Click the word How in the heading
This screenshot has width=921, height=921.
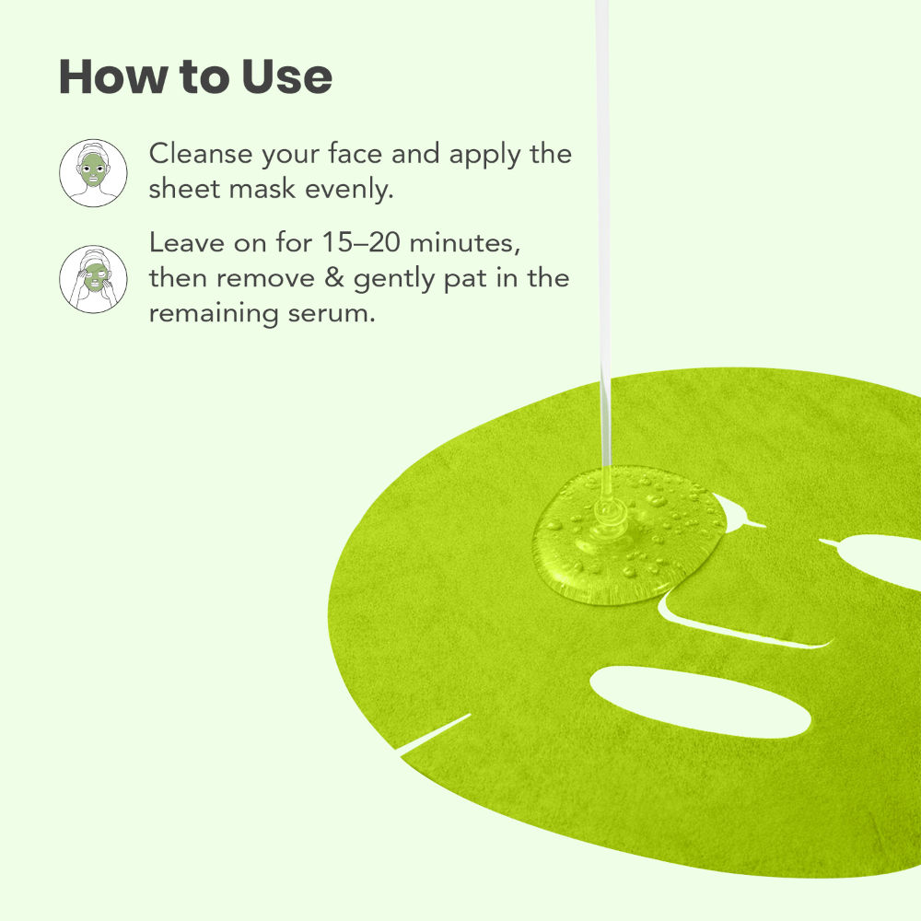(112, 76)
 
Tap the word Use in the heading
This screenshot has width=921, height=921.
(286, 76)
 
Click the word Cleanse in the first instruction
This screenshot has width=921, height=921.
(201, 154)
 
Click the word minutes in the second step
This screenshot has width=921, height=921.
(464, 243)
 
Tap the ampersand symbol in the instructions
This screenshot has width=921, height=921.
(333, 277)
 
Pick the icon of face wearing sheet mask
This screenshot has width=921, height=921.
(93, 173)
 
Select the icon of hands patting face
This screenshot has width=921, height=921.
(93, 279)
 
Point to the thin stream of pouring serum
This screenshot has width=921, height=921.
(602, 235)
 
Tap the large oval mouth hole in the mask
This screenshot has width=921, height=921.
(700, 701)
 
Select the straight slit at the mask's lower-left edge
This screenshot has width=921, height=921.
(435, 734)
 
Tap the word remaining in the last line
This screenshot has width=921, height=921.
(214, 313)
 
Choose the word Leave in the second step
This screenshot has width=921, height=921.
(187, 242)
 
